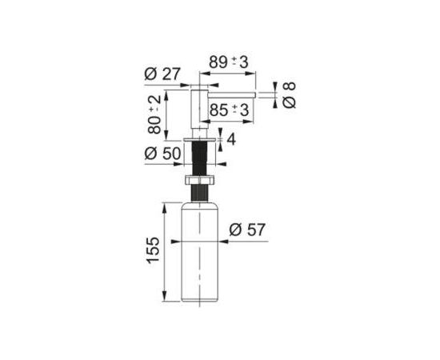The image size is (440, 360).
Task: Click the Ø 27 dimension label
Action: coord(162,74)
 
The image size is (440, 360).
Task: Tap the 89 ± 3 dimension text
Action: coord(229,62)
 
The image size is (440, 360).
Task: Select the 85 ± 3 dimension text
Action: coord(230,110)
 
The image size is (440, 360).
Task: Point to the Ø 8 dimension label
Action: coord(289,95)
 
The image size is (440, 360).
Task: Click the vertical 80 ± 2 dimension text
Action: coord(154,114)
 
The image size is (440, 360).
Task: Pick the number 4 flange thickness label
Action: coord(231,139)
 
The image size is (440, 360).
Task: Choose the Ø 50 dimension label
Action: coord(162,154)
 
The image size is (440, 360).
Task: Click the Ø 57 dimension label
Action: coord(247,230)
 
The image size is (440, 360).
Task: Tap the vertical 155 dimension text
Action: coord(154,250)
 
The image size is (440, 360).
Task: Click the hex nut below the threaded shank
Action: coord(199,180)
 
